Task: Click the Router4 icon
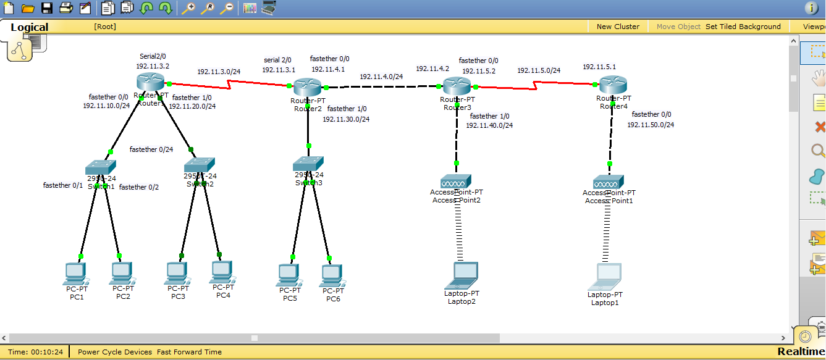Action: point(613,85)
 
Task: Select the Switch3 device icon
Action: point(308,163)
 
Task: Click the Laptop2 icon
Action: point(462,275)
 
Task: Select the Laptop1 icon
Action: point(605,277)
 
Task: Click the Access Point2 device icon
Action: point(456,181)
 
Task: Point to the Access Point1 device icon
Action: point(609,182)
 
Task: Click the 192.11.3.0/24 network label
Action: point(219,72)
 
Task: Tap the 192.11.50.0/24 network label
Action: point(651,125)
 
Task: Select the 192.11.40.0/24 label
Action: point(489,125)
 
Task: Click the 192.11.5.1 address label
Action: point(599,67)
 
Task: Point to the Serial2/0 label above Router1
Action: point(153,56)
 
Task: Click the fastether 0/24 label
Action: point(151,149)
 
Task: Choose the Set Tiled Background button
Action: point(743,27)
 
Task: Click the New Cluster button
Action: point(618,27)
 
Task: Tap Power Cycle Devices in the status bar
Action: point(115,352)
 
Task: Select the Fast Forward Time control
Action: point(189,352)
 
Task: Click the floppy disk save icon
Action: point(47,8)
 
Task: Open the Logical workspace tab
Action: point(29,27)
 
